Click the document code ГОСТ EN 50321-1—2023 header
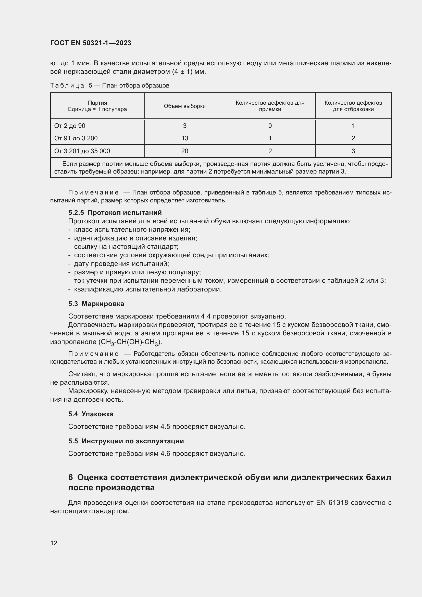pyautogui.click(x=91, y=43)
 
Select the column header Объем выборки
pyautogui.click(x=184, y=106)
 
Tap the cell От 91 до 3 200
pyautogui.click(x=76, y=138)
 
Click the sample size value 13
pyautogui.click(x=184, y=138)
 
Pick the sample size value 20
pyautogui.click(x=184, y=151)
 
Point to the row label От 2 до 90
pyautogui.click(x=70, y=126)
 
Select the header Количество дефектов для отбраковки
pyautogui.click(x=353, y=106)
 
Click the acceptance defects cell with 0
pyautogui.click(x=270, y=126)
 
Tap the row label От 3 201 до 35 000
pyautogui.click(x=82, y=151)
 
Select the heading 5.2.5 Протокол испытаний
pyautogui.click(x=115, y=213)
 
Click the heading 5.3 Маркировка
pyautogui.click(x=96, y=304)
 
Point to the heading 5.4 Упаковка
pyautogui.click(x=91, y=414)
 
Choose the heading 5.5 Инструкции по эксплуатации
pyautogui.click(x=126, y=441)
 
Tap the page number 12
pyautogui.click(x=54, y=543)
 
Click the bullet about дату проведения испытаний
pyautogui.click(x=121, y=264)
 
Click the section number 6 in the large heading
pyautogui.click(x=70, y=478)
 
